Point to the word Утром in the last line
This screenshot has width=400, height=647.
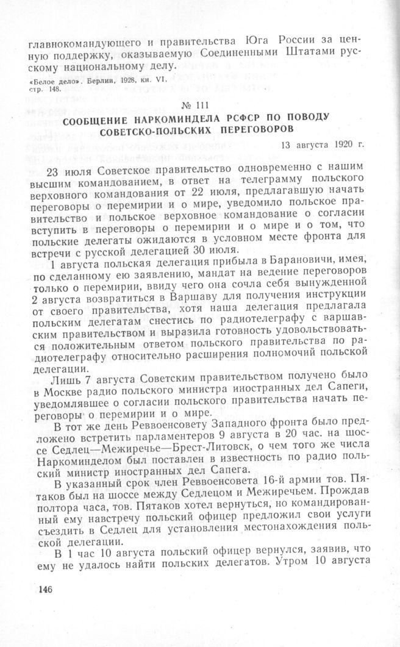click(x=288, y=557)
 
